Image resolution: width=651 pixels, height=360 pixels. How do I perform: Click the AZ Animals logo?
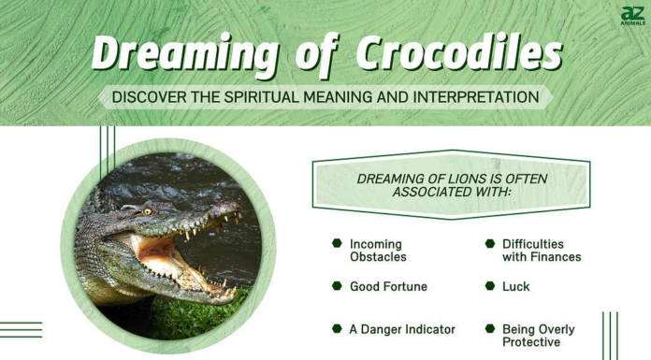coord(633,15)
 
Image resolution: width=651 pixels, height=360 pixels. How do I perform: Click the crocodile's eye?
coord(147,210)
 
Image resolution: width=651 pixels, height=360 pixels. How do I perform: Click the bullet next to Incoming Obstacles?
coord(336,243)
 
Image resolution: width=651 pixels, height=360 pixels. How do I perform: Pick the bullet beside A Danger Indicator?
coord(336,328)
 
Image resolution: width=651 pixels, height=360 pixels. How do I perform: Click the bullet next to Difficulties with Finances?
coord(490,243)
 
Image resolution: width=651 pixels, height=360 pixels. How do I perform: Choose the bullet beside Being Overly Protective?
coord(490,328)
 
